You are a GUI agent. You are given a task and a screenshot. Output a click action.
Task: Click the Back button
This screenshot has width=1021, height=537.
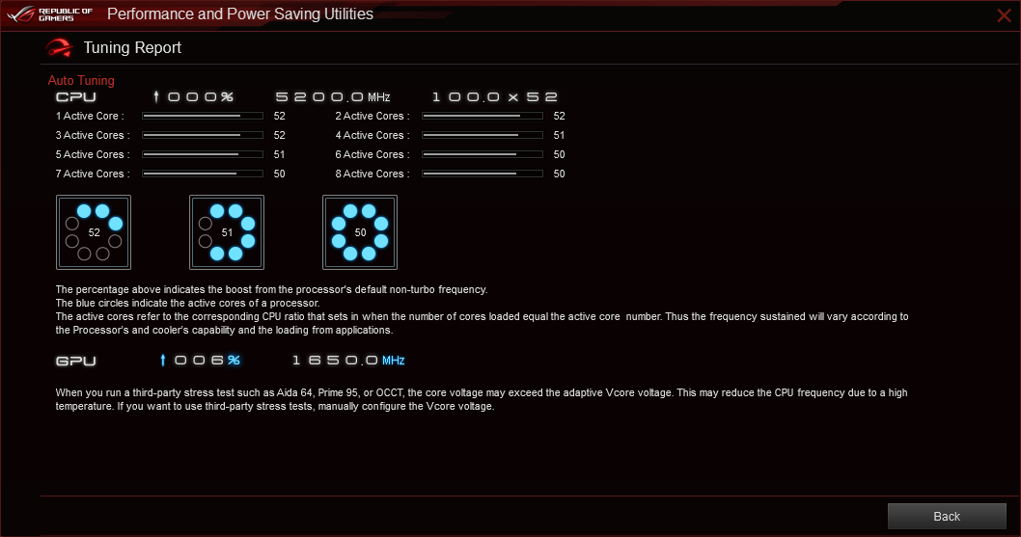coord(947,516)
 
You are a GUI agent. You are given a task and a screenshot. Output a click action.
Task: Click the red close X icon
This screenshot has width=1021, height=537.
coord(1004,15)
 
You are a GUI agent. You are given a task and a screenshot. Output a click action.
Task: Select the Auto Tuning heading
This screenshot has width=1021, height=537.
coord(81,81)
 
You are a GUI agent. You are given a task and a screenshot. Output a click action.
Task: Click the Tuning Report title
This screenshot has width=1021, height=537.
coord(132,47)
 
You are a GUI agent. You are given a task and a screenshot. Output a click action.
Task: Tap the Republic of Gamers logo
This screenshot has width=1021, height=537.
coord(50,14)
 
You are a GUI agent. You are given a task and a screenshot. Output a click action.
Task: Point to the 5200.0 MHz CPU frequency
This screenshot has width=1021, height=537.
coord(333,97)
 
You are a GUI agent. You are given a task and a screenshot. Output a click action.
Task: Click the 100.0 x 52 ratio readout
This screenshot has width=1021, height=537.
coord(495,97)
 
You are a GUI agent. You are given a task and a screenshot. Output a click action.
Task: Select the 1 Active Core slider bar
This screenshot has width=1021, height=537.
coord(203,116)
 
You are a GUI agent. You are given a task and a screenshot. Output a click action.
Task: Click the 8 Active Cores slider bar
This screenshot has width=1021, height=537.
coord(483,174)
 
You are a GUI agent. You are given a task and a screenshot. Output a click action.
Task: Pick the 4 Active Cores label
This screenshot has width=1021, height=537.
coord(373,135)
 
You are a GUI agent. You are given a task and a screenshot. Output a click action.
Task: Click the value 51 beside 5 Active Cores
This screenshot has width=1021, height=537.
coord(279,154)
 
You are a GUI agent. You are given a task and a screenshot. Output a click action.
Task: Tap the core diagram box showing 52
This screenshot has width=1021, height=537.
coord(94,232)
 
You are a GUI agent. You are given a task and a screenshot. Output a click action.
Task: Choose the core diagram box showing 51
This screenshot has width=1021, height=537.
coord(227,232)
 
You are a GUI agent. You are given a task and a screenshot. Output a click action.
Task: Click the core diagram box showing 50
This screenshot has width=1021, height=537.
coord(360,232)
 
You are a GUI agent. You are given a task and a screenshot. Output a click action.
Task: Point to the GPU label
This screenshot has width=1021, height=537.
coord(76,361)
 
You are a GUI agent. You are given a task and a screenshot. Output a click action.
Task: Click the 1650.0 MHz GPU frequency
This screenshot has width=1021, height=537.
coord(348,361)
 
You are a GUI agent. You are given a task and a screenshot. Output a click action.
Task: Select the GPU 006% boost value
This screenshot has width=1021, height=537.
coord(201,360)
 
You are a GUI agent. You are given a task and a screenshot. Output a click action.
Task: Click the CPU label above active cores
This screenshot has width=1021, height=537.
coord(76,97)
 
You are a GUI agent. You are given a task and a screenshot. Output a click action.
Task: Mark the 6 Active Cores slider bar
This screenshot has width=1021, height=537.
coord(483,154)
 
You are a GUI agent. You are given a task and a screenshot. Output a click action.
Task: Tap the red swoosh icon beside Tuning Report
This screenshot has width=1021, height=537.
coord(59,47)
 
